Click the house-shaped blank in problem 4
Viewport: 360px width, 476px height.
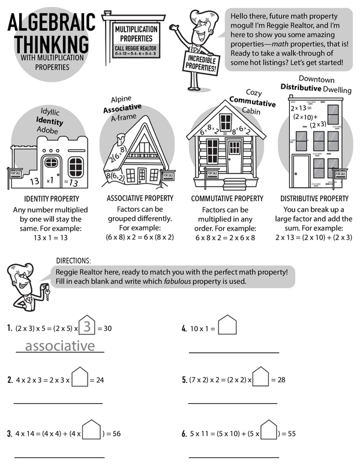(227, 326)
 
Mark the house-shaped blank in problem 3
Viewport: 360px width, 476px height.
(91, 430)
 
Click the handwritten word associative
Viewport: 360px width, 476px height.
(59, 346)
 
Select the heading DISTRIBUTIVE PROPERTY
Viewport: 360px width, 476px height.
(314, 198)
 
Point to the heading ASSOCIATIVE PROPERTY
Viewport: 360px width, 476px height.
(140, 198)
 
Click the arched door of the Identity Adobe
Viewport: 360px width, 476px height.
(51, 169)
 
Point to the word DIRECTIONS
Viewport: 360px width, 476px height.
(73, 261)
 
